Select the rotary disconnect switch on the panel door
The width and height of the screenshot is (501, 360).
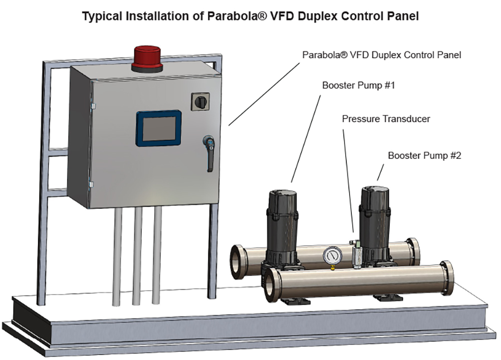click(199, 101)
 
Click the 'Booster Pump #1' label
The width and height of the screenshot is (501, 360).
click(358, 85)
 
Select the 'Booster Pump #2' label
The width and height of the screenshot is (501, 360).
click(424, 155)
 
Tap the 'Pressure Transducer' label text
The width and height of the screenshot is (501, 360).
click(386, 119)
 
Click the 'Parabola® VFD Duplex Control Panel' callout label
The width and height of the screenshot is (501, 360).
click(381, 55)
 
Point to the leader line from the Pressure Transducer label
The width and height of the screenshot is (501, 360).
click(348, 181)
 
